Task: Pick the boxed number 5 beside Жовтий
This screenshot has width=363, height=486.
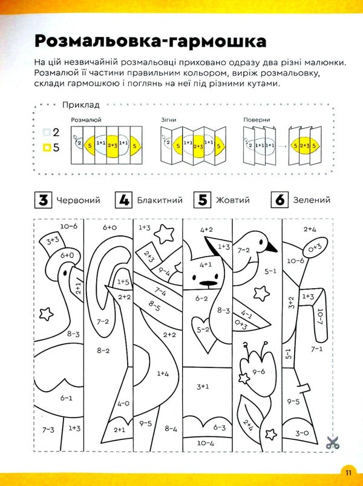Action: coord(203,200)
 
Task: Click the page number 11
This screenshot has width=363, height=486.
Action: coord(349,472)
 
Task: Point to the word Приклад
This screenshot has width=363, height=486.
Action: coord(80,105)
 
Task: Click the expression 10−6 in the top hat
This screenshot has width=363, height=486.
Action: coord(68,226)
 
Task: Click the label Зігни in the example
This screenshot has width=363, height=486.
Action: coord(169,120)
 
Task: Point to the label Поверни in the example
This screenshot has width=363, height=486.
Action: coord(257,120)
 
